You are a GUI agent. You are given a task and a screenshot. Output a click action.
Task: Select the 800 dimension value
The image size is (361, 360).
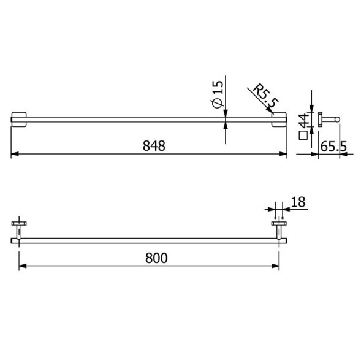(x=156, y=258)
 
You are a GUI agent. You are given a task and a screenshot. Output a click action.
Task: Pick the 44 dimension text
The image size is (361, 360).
(x=302, y=119)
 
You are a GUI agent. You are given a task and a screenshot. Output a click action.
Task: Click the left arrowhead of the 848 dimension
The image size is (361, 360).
(x=15, y=155)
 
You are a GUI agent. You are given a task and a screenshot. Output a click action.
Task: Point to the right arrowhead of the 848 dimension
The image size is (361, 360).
(x=283, y=155)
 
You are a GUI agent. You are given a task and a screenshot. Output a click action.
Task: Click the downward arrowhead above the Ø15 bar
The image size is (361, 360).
(x=226, y=112)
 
